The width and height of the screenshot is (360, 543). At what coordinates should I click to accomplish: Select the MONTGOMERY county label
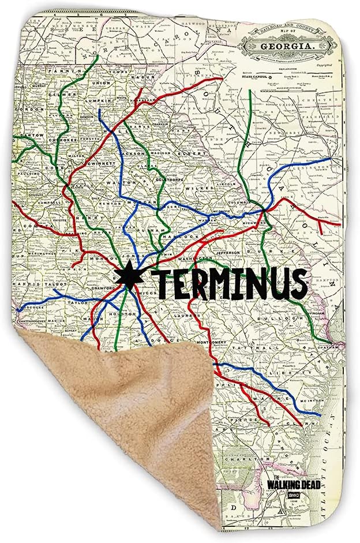tap(213, 343)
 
